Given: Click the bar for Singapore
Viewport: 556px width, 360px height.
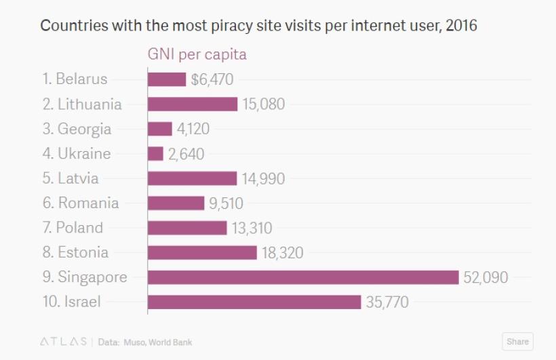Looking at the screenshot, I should [x=303, y=277].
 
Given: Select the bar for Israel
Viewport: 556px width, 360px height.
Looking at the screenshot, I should [x=254, y=302].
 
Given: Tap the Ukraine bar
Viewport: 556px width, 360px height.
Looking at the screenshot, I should [x=155, y=154].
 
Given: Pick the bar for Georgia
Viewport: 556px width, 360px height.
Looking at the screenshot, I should [x=160, y=129].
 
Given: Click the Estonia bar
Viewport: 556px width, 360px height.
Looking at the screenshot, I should [x=202, y=252].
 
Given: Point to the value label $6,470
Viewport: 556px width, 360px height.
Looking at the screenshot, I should [x=212, y=79].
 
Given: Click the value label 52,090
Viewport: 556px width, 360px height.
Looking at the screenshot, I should [x=485, y=277].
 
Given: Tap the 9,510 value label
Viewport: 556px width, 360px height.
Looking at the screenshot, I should [x=226, y=203].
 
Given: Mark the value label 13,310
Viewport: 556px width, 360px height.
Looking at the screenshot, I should [x=252, y=228].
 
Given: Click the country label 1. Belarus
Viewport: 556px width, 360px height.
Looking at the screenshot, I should [x=75, y=79].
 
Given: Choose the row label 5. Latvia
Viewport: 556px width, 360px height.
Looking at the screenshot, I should [x=71, y=178].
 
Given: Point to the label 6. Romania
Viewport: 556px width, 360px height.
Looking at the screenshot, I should [x=80, y=203].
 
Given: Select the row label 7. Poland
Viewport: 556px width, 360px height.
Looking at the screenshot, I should [x=73, y=228].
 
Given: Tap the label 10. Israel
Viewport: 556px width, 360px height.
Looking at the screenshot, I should [x=71, y=302].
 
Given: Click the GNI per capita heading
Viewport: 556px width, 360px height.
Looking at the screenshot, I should [x=197, y=54].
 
